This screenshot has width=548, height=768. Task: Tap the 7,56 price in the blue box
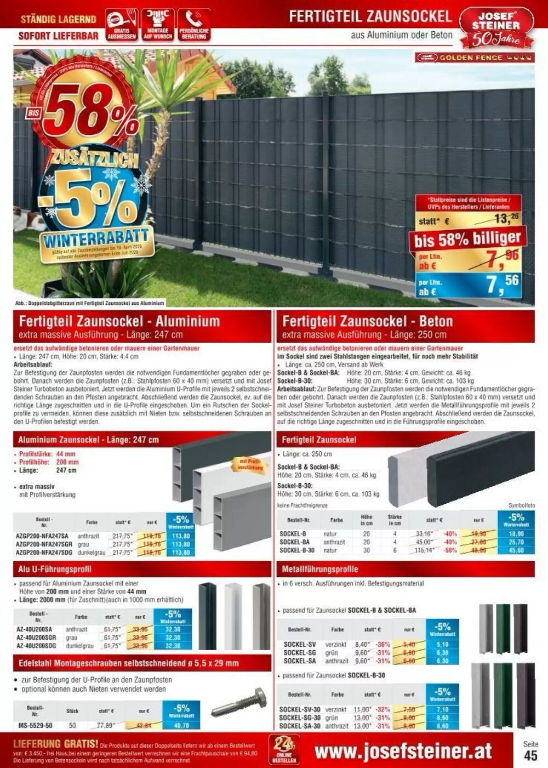point(501,285)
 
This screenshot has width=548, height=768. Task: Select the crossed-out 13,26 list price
point(505,220)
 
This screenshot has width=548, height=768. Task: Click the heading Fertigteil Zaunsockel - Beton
point(367,321)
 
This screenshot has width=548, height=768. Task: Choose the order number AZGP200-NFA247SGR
point(44,544)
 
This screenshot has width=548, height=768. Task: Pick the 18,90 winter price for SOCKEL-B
point(516,534)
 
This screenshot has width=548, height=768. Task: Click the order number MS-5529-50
point(35,725)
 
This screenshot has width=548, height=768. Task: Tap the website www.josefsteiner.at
point(403,751)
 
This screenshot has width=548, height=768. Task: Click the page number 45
point(530,756)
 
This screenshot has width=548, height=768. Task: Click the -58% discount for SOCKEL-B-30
point(450,550)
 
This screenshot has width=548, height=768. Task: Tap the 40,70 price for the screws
point(180,725)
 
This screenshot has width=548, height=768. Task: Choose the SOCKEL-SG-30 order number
point(299,718)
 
